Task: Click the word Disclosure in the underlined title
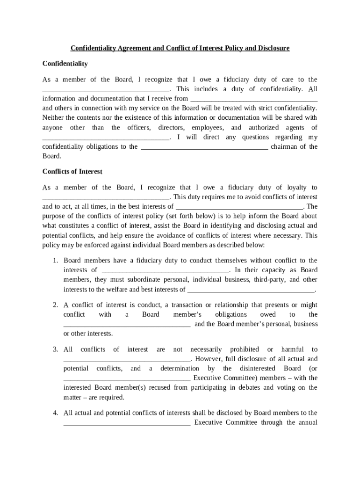[272, 48]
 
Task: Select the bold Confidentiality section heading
[65, 63]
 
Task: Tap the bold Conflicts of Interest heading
[72, 172]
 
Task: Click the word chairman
[283, 147]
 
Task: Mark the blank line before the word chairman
[204, 147]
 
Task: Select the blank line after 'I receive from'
[254, 99]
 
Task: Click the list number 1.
[55, 261]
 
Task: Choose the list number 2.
[55, 305]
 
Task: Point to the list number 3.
[55, 349]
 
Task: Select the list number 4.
[55, 413]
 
